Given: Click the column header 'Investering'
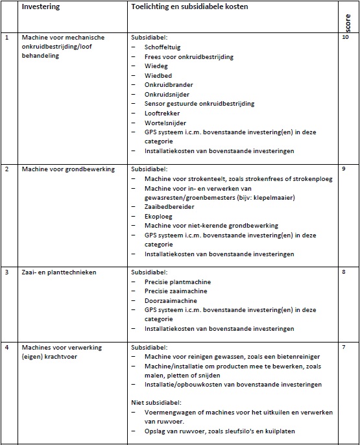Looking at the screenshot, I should tap(41, 6).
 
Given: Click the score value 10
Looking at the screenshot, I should tap(346, 37).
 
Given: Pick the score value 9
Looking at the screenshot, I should tap(344, 169).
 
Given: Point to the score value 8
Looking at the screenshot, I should tap(344, 272).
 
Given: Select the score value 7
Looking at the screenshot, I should tap(344, 347).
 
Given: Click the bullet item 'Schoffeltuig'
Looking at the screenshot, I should tap(165, 47).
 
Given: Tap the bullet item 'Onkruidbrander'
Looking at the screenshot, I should tap(169, 85).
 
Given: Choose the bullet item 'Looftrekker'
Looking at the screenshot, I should tap(163, 113).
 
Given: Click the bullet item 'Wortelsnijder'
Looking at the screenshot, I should tap(166, 123).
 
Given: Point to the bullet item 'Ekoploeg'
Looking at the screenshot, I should tap(159, 216).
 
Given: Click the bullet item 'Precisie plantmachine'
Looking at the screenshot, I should tap(177, 282).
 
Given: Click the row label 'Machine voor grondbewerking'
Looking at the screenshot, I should tap(68, 169).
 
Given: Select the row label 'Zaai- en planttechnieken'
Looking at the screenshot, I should tap(59, 272).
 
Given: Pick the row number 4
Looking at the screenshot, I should tap(7, 348).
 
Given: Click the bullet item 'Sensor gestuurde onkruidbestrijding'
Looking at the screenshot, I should tap(199, 104).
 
